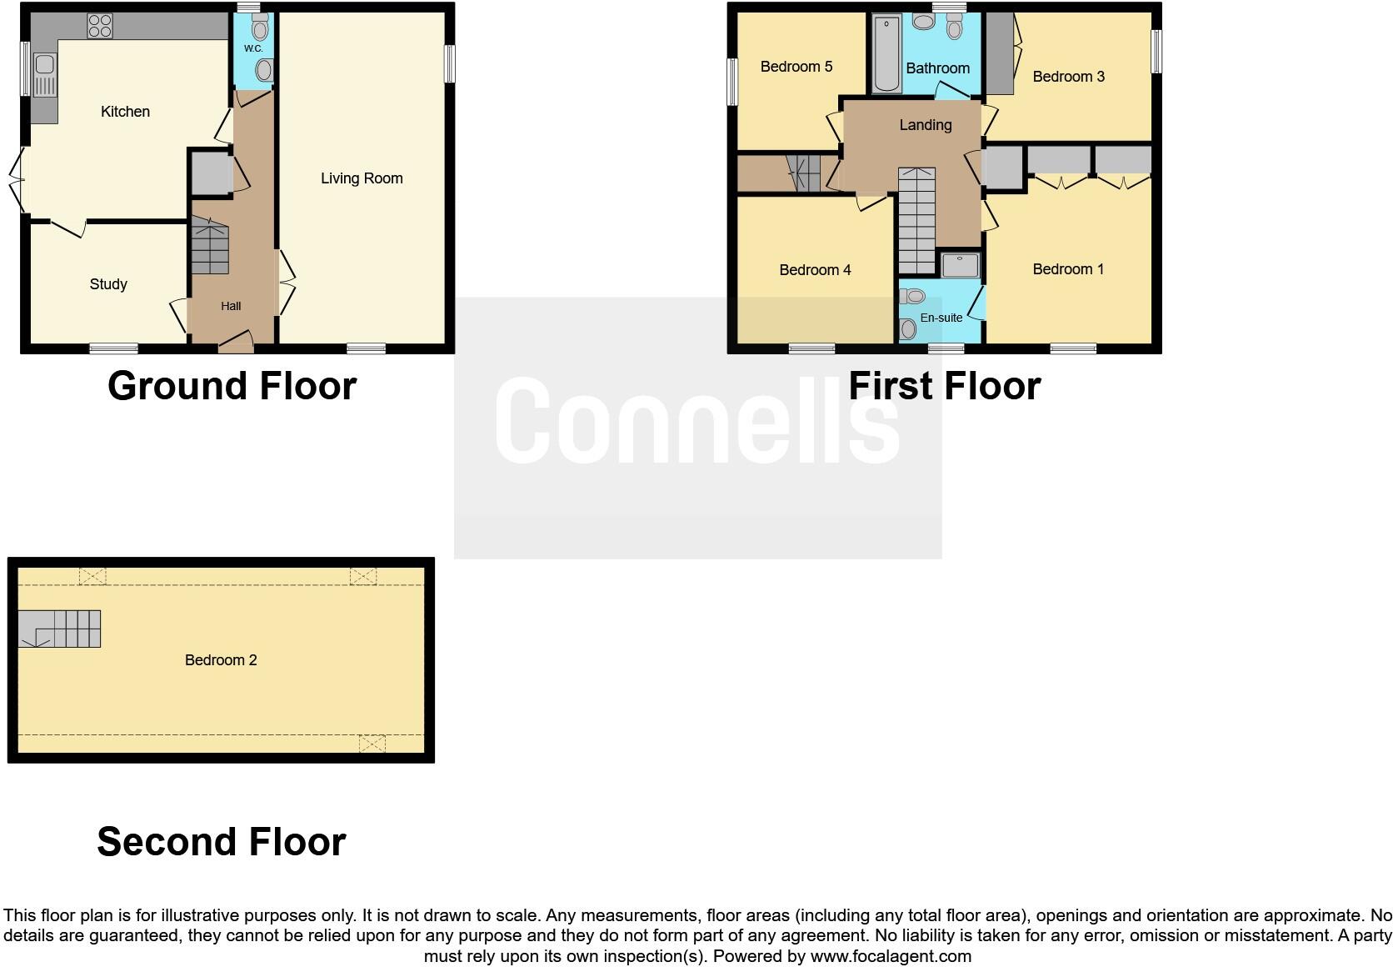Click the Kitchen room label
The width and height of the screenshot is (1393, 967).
125,112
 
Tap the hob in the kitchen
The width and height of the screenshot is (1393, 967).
100,26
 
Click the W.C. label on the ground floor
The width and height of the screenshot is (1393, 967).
253,49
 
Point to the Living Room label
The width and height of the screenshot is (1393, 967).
362,178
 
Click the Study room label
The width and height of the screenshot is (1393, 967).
108,284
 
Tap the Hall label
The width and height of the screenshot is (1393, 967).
231,306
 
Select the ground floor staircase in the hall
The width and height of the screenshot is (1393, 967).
210,246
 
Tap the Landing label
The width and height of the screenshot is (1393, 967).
925,125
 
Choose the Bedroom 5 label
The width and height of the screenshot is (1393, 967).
796,67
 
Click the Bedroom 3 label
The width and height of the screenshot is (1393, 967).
1068,77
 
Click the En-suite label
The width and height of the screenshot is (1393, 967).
941,318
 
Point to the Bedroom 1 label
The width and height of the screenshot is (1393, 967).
1067,269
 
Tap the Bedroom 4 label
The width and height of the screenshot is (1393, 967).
815,270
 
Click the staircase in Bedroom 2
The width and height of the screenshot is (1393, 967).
60,629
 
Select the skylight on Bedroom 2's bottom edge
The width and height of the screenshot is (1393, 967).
372,743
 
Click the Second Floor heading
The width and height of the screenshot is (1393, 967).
221,842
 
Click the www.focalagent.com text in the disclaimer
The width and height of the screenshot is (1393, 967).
891,956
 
